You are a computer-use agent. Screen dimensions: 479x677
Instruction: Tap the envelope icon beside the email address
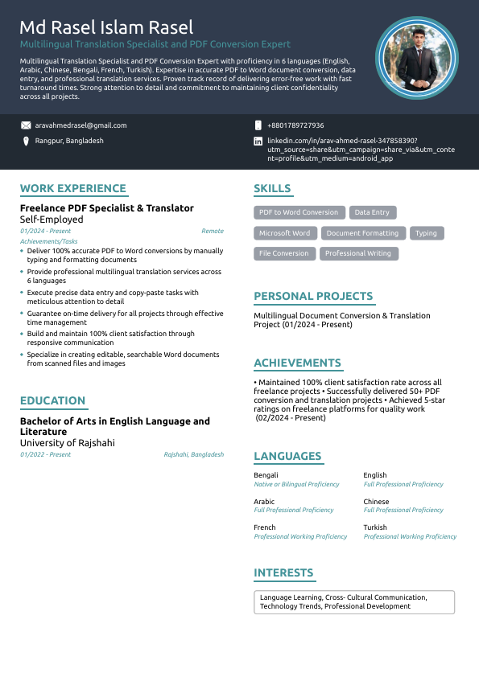[x=26, y=125]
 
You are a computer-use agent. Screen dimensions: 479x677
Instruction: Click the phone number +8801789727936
[x=295, y=125]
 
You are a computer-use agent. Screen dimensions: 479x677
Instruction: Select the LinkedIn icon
[x=258, y=141]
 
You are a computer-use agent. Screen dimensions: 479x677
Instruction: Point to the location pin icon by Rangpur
[x=26, y=141]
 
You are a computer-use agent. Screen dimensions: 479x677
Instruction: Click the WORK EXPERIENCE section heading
[x=73, y=189]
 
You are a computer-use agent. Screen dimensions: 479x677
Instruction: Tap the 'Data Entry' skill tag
[x=372, y=212]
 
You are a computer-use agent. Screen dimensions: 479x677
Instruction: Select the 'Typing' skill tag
[x=426, y=233]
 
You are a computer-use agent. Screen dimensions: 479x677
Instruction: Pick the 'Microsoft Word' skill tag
[x=284, y=233]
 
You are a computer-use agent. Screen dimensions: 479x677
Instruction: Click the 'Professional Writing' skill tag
[x=358, y=253]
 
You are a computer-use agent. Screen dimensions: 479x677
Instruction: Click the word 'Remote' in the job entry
[x=213, y=231]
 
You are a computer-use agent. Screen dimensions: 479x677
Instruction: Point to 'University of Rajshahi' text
[x=68, y=443]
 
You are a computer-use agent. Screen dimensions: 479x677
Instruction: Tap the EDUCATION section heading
[x=53, y=401]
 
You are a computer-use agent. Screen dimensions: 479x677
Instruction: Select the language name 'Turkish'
[x=375, y=527]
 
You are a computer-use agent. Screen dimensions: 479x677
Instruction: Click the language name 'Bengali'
[x=266, y=475]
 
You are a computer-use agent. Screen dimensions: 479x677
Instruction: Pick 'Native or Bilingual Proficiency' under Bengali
[x=296, y=484]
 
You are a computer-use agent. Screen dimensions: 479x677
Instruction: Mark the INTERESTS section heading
[x=283, y=573]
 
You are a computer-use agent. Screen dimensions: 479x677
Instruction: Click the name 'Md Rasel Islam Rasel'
[x=106, y=29]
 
